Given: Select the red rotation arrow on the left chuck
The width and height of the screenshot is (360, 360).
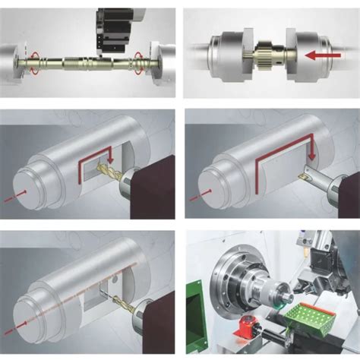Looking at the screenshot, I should coord(33,59).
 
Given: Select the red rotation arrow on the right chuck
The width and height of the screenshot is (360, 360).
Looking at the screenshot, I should coord(139,59).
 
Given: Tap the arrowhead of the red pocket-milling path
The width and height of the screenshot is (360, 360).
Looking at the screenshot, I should coord(110,156).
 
